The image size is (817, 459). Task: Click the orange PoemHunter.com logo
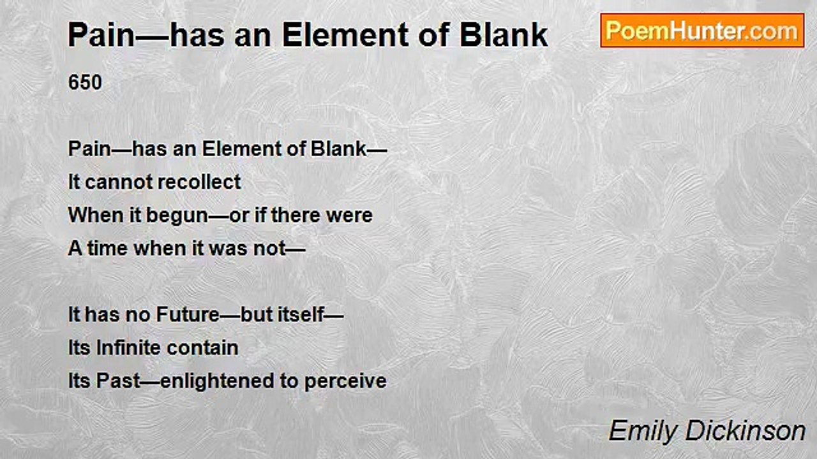tap(702, 31)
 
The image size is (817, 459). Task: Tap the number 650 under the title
tap(85, 82)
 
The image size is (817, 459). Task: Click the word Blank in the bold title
tap(504, 35)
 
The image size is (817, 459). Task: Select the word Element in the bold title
tap(345, 35)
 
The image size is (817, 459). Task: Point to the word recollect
tap(199, 182)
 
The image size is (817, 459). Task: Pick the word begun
tap(177, 215)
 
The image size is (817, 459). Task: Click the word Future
tap(188, 315)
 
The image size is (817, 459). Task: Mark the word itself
tap(301, 315)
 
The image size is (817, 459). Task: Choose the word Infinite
tap(129, 348)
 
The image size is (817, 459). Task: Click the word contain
tap(203, 348)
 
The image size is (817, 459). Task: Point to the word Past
tap(118, 381)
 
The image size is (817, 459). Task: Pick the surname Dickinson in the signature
tap(745, 431)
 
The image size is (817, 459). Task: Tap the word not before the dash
tap(269, 249)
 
